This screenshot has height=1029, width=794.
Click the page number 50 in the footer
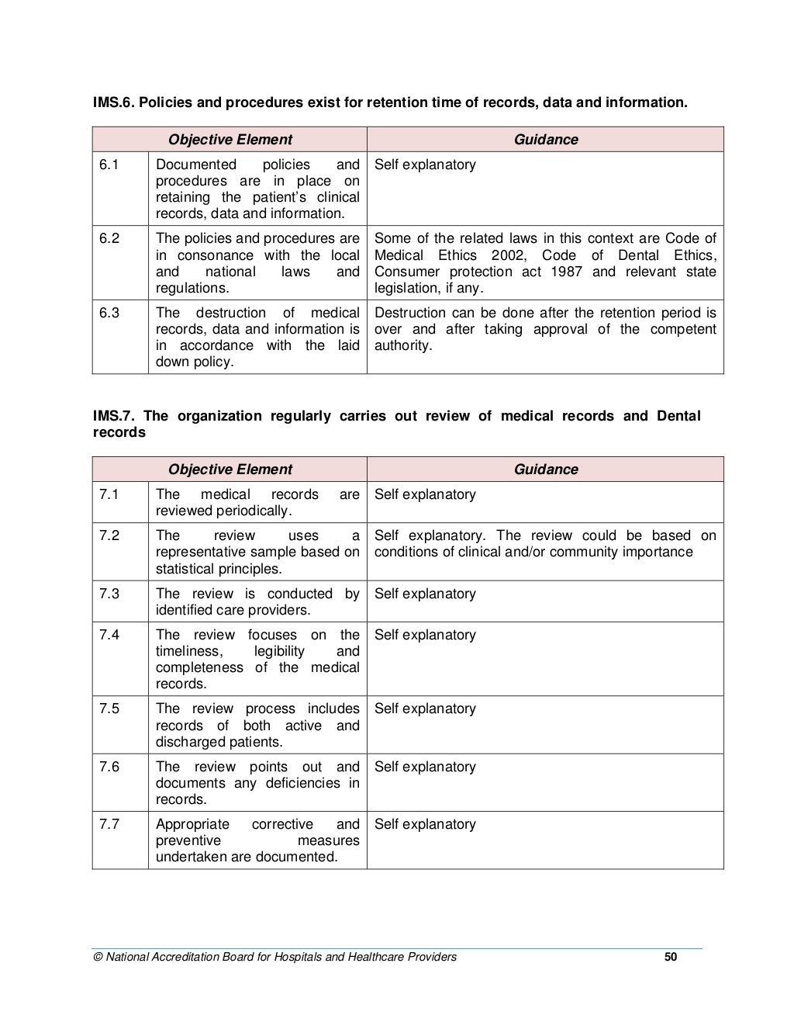671,957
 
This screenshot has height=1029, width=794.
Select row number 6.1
109,165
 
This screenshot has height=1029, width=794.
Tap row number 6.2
109,238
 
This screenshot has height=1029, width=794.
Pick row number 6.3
109,313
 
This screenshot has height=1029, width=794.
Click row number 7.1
109,494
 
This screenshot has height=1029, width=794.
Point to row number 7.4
109,635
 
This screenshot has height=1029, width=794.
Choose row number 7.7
109,824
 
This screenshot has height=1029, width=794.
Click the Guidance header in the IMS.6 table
546,140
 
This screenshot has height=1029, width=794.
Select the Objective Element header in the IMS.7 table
230,469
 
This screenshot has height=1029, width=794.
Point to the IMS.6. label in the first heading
113,102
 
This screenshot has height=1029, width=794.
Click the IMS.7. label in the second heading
113,416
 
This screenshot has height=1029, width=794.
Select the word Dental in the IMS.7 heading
678,416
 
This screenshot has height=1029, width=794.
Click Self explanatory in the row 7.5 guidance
425,709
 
